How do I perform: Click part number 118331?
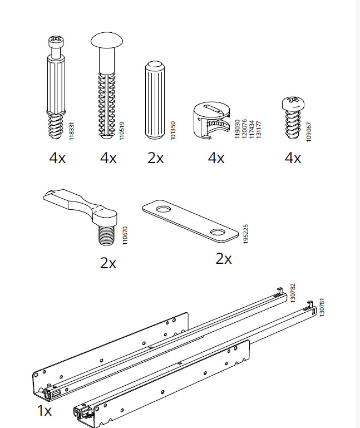(71, 131)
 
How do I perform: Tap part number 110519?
(122, 131)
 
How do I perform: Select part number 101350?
(173, 131)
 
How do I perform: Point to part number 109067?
(309, 132)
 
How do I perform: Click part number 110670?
(125, 235)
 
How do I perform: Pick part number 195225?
(245, 234)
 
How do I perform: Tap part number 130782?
(293, 293)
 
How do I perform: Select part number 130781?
(322, 307)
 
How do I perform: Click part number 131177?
(259, 129)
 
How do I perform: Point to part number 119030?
(238, 129)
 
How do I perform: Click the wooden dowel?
(155, 100)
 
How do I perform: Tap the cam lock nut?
(212, 120)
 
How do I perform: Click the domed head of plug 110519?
(107, 40)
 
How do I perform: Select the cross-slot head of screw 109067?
(293, 103)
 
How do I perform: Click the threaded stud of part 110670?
(106, 235)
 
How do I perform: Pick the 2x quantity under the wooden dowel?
(156, 158)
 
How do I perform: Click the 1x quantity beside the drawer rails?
(44, 410)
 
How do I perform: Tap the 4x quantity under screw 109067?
(293, 158)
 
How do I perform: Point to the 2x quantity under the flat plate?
(224, 258)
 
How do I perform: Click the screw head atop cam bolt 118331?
(56, 41)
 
